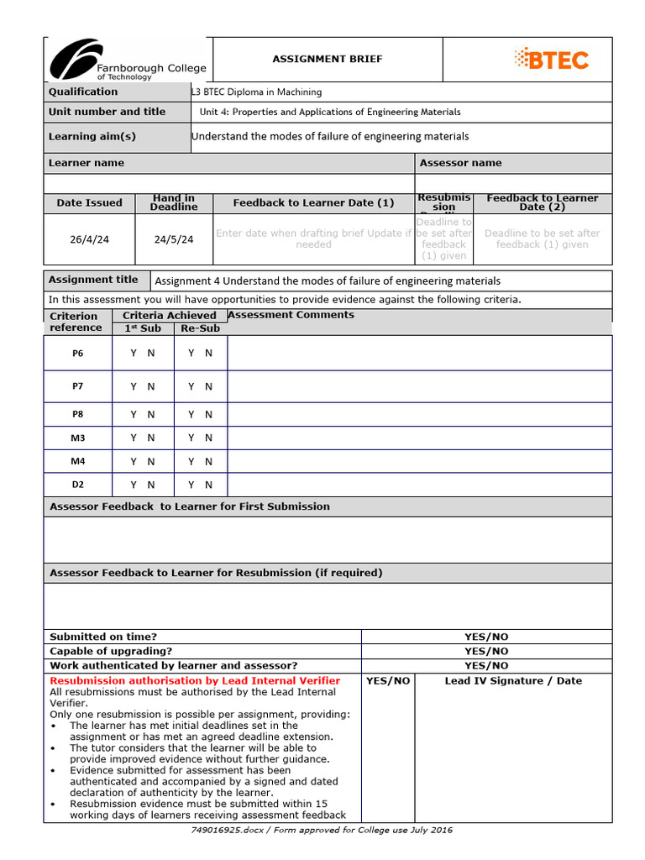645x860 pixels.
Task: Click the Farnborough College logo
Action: (x=126, y=60)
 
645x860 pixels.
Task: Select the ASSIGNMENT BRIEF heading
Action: (x=327, y=59)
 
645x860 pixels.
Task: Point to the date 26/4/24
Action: (x=89, y=239)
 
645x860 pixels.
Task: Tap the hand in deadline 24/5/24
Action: (x=174, y=239)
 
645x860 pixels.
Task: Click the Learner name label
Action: (x=87, y=163)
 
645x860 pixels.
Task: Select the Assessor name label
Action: (x=460, y=163)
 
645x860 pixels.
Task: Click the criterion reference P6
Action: (x=78, y=354)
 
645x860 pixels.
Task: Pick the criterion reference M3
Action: (x=78, y=438)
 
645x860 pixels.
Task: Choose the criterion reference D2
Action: (x=78, y=485)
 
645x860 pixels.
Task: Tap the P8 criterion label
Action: (x=78, y=414)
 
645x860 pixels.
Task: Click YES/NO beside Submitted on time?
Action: (x=486, y=637)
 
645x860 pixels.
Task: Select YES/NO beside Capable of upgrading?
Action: (x=486, y=651)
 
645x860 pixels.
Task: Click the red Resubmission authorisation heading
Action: (x=195, y=680)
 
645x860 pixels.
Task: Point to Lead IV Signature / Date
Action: (x=512, y=680)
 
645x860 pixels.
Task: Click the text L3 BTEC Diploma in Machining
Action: (x=257, y=92)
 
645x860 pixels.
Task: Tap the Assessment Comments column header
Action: (x=291, y=315)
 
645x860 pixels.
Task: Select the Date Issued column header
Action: (x=89, y=202)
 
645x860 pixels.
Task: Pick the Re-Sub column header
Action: (x=200, y=328)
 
